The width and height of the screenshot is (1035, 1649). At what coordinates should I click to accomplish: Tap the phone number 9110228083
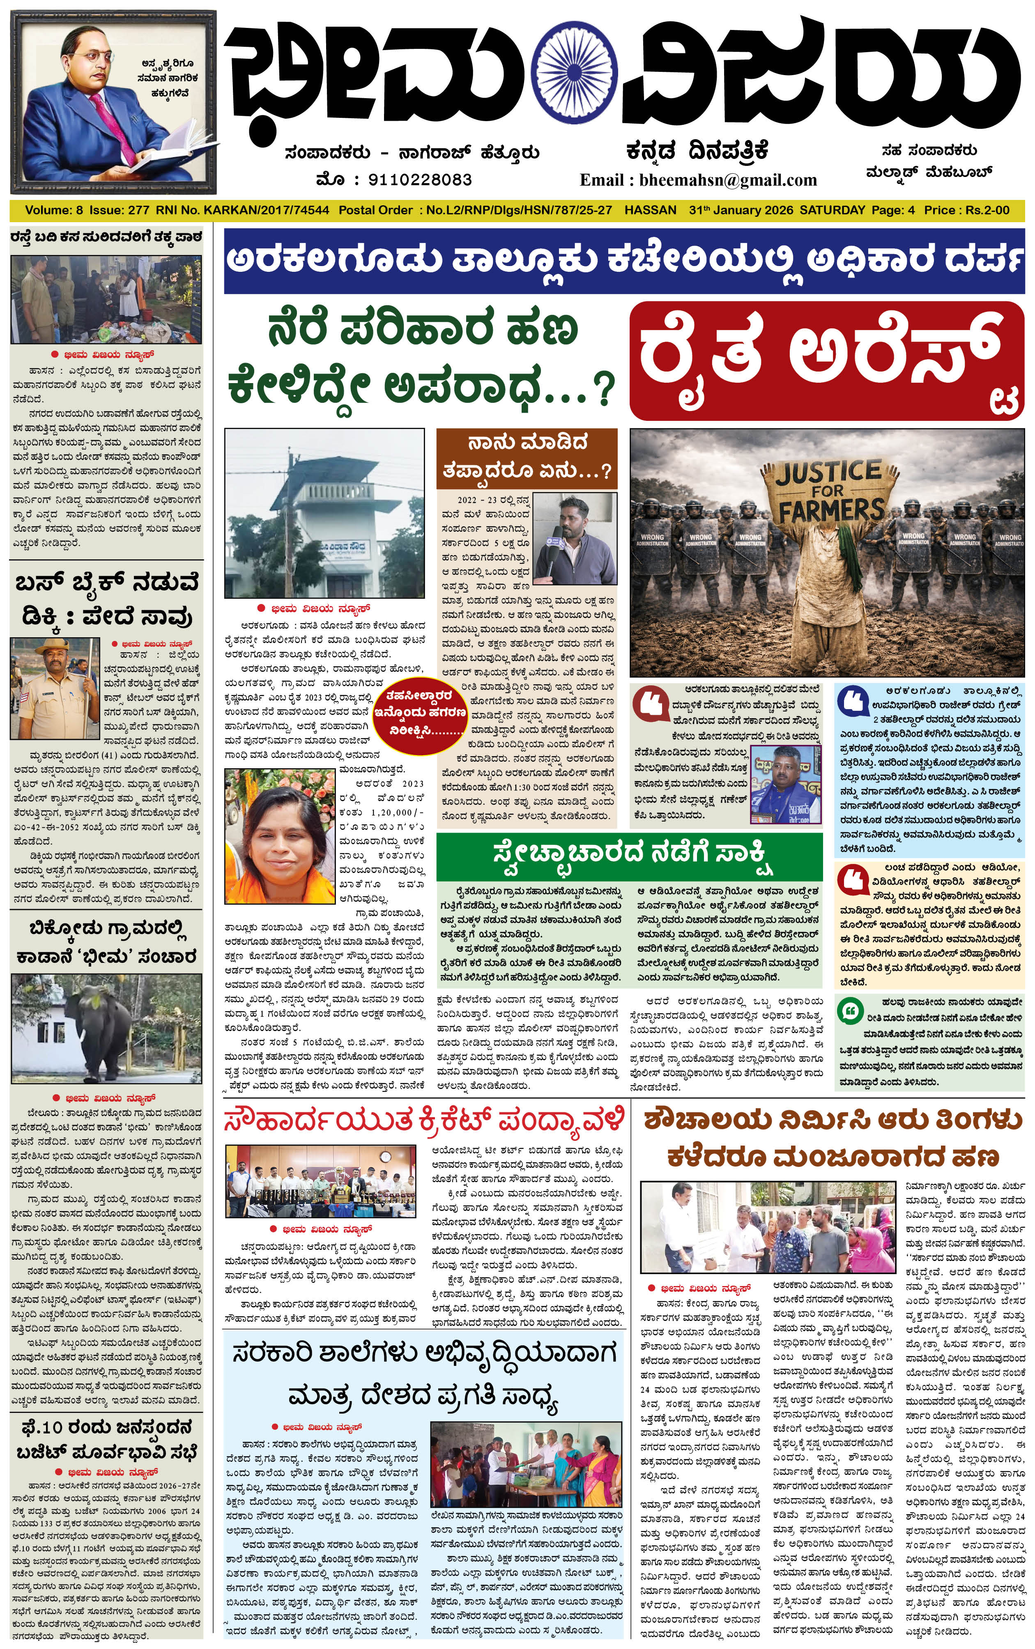click(420, 180)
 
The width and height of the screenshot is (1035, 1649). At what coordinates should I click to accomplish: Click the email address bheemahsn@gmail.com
click(728, 180)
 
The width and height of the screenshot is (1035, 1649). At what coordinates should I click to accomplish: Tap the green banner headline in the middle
click(628, 853)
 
